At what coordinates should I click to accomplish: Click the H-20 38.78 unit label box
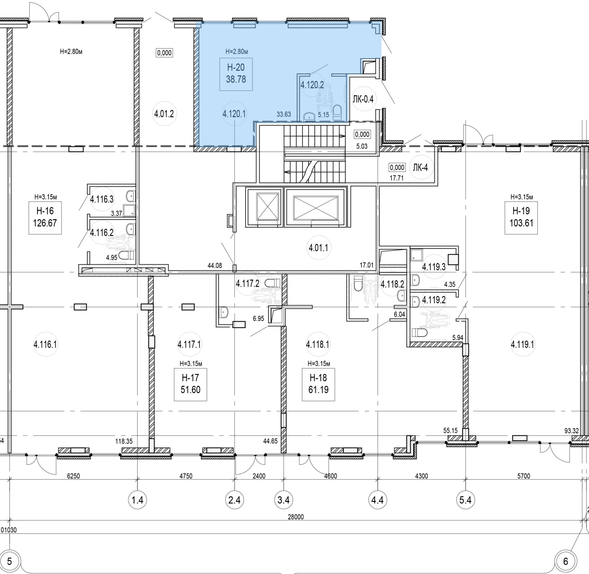[x=236, y=74]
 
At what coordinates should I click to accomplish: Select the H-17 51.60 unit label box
[x=190, y=384]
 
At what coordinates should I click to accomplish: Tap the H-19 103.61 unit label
[x=521, y=217]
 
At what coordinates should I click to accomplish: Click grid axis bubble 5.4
[x=466, y=500]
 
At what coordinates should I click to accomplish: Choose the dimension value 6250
[x=73, y=476]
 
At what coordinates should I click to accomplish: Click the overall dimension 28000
[x=296, y=517]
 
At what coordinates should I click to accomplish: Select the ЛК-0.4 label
[x=363, y=99]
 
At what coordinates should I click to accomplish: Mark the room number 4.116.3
[x=102, y=200]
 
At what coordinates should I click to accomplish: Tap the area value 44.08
[x=215, y=265]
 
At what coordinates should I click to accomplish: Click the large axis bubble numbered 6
[x=566, y=561]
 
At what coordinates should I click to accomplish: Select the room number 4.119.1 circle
[x=522, y=345]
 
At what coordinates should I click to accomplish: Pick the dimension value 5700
[x=523, y=476]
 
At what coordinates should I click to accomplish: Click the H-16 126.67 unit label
[x=45, y=217]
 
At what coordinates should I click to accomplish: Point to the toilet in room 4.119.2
[x=419, y=333]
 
